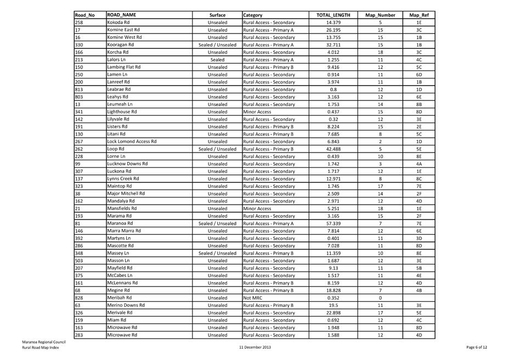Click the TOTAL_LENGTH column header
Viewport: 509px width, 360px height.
click(333, 15)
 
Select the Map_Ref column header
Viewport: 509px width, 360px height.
click(418, 15)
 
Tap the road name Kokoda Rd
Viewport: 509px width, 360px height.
click(118, 22)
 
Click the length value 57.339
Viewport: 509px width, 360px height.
click(333, 223)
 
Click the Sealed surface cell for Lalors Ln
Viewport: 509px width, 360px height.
click(217, 60)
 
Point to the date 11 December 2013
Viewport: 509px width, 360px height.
click(255, 347)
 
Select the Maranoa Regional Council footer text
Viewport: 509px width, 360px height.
click(44, 342)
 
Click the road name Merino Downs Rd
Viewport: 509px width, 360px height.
click(126, 305)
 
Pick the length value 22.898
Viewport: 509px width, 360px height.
click(333, 312)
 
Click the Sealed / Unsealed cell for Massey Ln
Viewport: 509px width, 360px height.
click(217, 253)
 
